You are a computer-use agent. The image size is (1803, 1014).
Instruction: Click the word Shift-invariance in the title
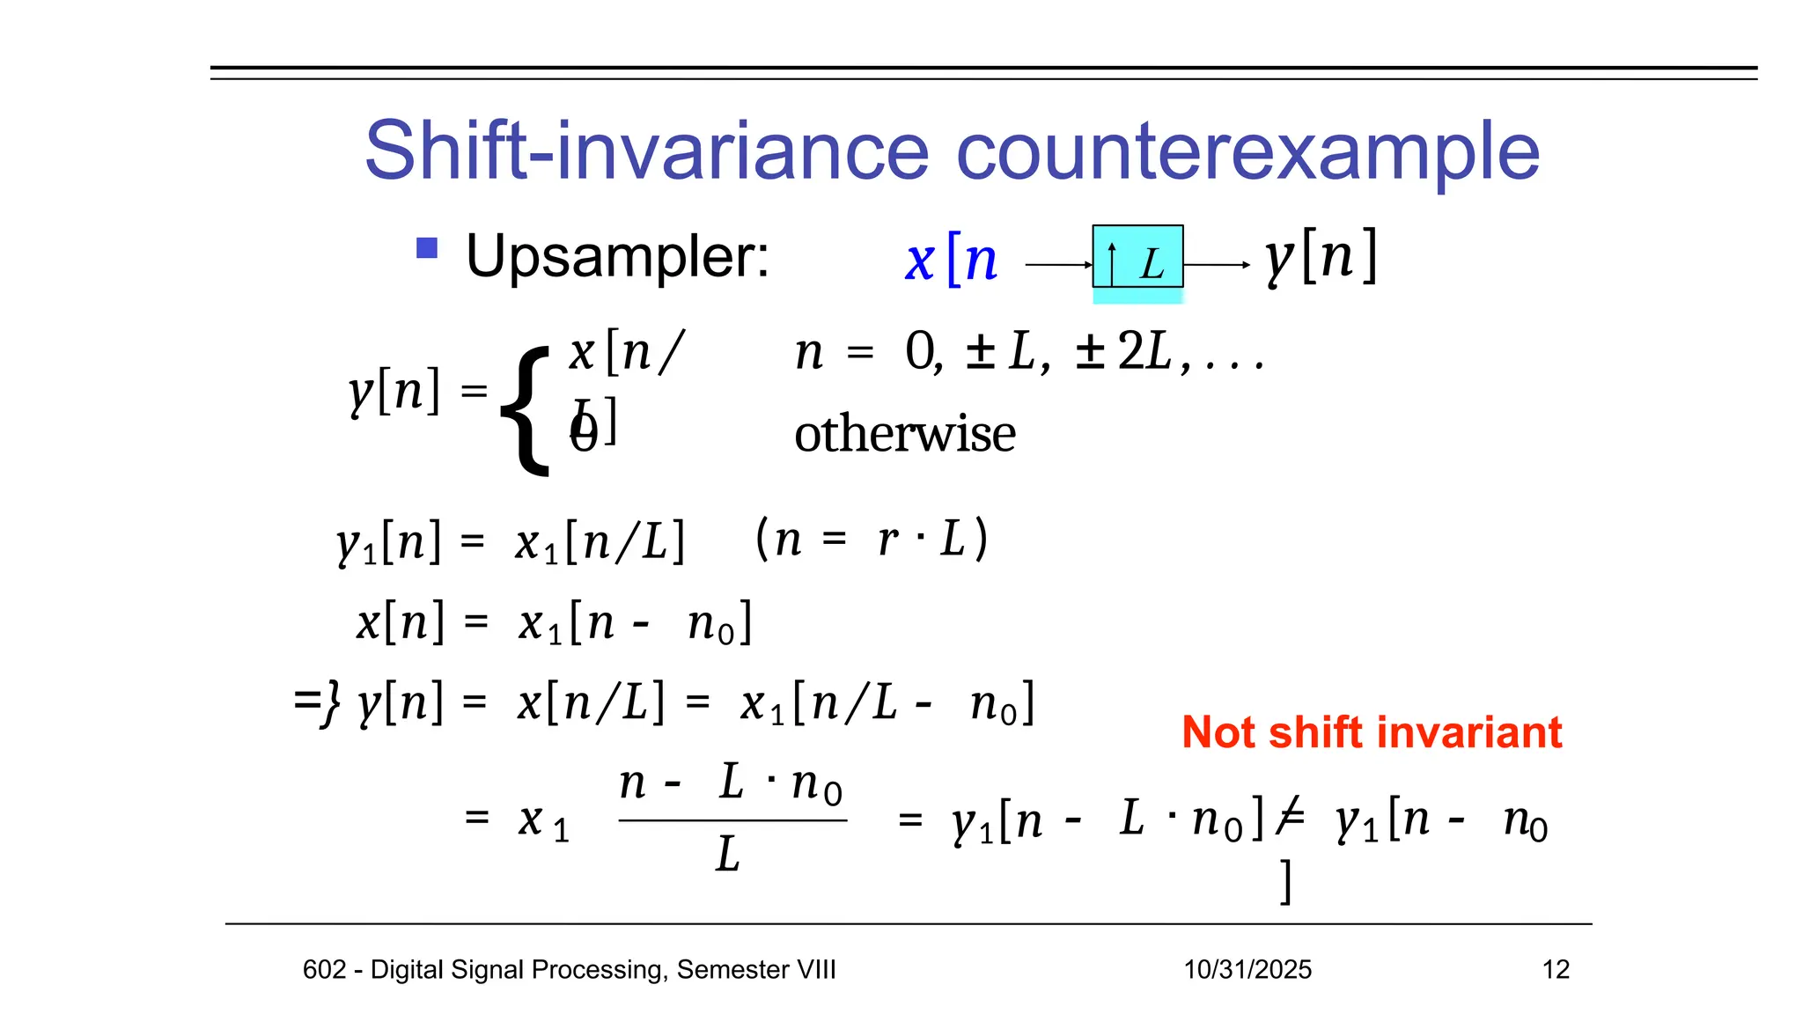(x=646, y=151)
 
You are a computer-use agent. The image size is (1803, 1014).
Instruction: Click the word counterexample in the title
(x=1247, y=151)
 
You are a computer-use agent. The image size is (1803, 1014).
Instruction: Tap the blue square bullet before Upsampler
(x=427, y=248)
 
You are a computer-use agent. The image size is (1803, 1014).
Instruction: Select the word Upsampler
(x=617, y=257)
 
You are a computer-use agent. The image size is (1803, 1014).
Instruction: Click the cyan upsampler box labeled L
(x=1137, y=257)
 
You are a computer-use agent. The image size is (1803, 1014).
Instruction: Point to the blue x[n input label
(x=951, y=261)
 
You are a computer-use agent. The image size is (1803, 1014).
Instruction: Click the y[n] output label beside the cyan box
(x=1321, y=257)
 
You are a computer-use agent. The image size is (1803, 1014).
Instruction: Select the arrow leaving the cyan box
(x=1217, y=265)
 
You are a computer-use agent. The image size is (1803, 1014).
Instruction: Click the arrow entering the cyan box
(x=1059, y=265)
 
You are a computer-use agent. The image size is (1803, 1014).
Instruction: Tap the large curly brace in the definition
(x=526, y=410)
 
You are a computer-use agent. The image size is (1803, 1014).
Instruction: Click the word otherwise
(x=904, y=434)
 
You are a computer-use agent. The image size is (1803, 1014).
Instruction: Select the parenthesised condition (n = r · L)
(x=872, y=539)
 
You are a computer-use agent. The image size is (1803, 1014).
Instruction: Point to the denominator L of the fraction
(x=728, y=854)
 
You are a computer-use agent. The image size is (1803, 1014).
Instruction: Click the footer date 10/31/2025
(x=1247, y=970)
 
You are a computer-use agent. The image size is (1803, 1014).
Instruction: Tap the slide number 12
(x=1556, y=970)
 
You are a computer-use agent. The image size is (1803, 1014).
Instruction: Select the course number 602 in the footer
(x=323, y=970)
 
